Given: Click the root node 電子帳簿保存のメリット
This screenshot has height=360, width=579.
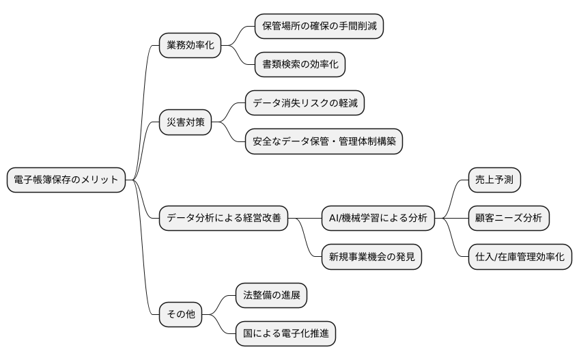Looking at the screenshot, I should (66, 180).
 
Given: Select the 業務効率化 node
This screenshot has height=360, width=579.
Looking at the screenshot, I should (190, 46).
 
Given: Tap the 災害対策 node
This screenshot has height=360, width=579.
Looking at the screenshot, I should (185, 123).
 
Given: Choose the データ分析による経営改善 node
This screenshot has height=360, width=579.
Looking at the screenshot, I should (223, 219).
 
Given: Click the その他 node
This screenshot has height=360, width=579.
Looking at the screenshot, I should (181, 314).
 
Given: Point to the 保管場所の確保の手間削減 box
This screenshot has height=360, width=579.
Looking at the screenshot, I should (319, 27).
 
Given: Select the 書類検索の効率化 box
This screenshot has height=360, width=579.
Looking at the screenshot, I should (300, 65).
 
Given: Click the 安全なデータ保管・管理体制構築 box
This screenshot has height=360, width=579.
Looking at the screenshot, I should (324, 141).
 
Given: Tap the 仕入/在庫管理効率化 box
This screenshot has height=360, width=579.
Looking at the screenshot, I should (520, 257).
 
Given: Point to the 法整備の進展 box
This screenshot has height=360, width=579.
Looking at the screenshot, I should (271, 295).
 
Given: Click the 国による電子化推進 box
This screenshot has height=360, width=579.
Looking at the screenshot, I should (285, 333).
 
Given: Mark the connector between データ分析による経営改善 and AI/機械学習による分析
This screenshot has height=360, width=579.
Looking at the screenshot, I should (305, 219).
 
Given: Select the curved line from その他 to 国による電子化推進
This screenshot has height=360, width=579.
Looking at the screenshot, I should (221, 327).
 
